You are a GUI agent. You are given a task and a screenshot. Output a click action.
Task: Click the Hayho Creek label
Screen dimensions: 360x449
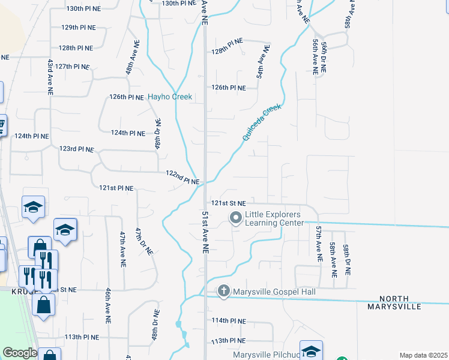click(x=170, y=97)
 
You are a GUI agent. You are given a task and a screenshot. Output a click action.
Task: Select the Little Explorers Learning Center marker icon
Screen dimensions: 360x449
click(x=236, y=217)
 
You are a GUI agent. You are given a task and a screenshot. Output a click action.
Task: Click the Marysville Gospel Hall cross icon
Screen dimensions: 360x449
click(x=224, y=292)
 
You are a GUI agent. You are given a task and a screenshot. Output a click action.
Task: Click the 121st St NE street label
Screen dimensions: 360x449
click(x=228, y=202)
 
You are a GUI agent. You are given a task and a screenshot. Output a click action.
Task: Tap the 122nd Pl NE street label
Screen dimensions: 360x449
click(x=182, y=177)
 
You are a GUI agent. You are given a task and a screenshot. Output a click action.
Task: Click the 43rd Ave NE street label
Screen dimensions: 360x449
click(x=50, y=77)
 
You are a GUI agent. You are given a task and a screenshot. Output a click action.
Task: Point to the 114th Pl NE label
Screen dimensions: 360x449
click(x=229, y=321)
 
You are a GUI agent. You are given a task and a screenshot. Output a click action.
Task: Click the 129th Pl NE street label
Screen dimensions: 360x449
click(x=79, y=28)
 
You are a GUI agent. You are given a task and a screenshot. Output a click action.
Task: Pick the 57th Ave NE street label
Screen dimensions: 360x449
click(x=319, y=243)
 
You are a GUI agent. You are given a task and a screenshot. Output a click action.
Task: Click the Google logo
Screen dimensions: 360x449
click(x=20, y=353)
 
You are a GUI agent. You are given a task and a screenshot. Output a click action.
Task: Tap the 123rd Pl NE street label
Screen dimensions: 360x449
click(x=77, y=148)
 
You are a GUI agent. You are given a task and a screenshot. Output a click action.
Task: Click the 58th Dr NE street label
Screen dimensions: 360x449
click(x=346, y=260)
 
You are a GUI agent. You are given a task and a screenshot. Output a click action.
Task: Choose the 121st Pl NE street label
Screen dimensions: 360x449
click(x=116, y=188)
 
